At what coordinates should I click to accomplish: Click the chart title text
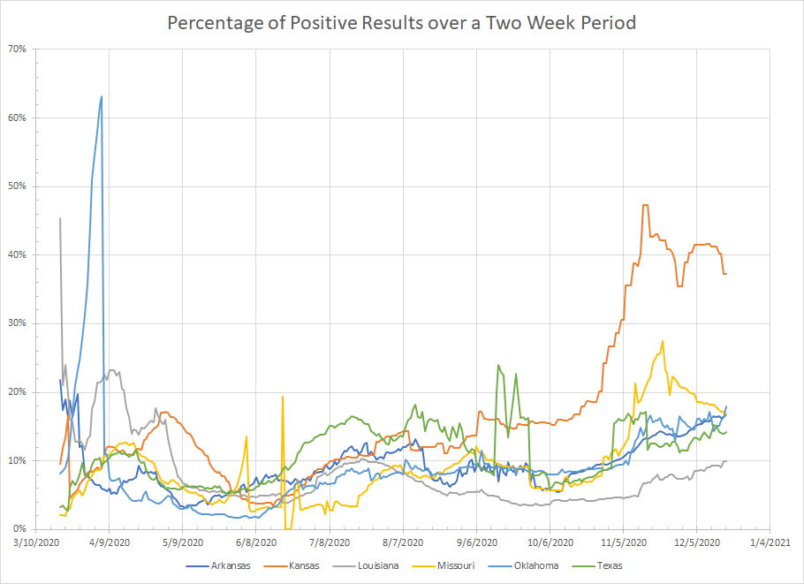(401, 22)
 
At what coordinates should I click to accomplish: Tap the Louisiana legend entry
(375, 565)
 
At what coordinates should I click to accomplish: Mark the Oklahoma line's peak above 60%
(102, 96)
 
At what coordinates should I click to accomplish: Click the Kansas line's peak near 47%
(645, 205)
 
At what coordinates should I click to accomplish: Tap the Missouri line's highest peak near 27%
(662, 341)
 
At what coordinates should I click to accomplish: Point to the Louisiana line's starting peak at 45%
(60, 218)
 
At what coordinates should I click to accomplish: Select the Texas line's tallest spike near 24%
(498, 365)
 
